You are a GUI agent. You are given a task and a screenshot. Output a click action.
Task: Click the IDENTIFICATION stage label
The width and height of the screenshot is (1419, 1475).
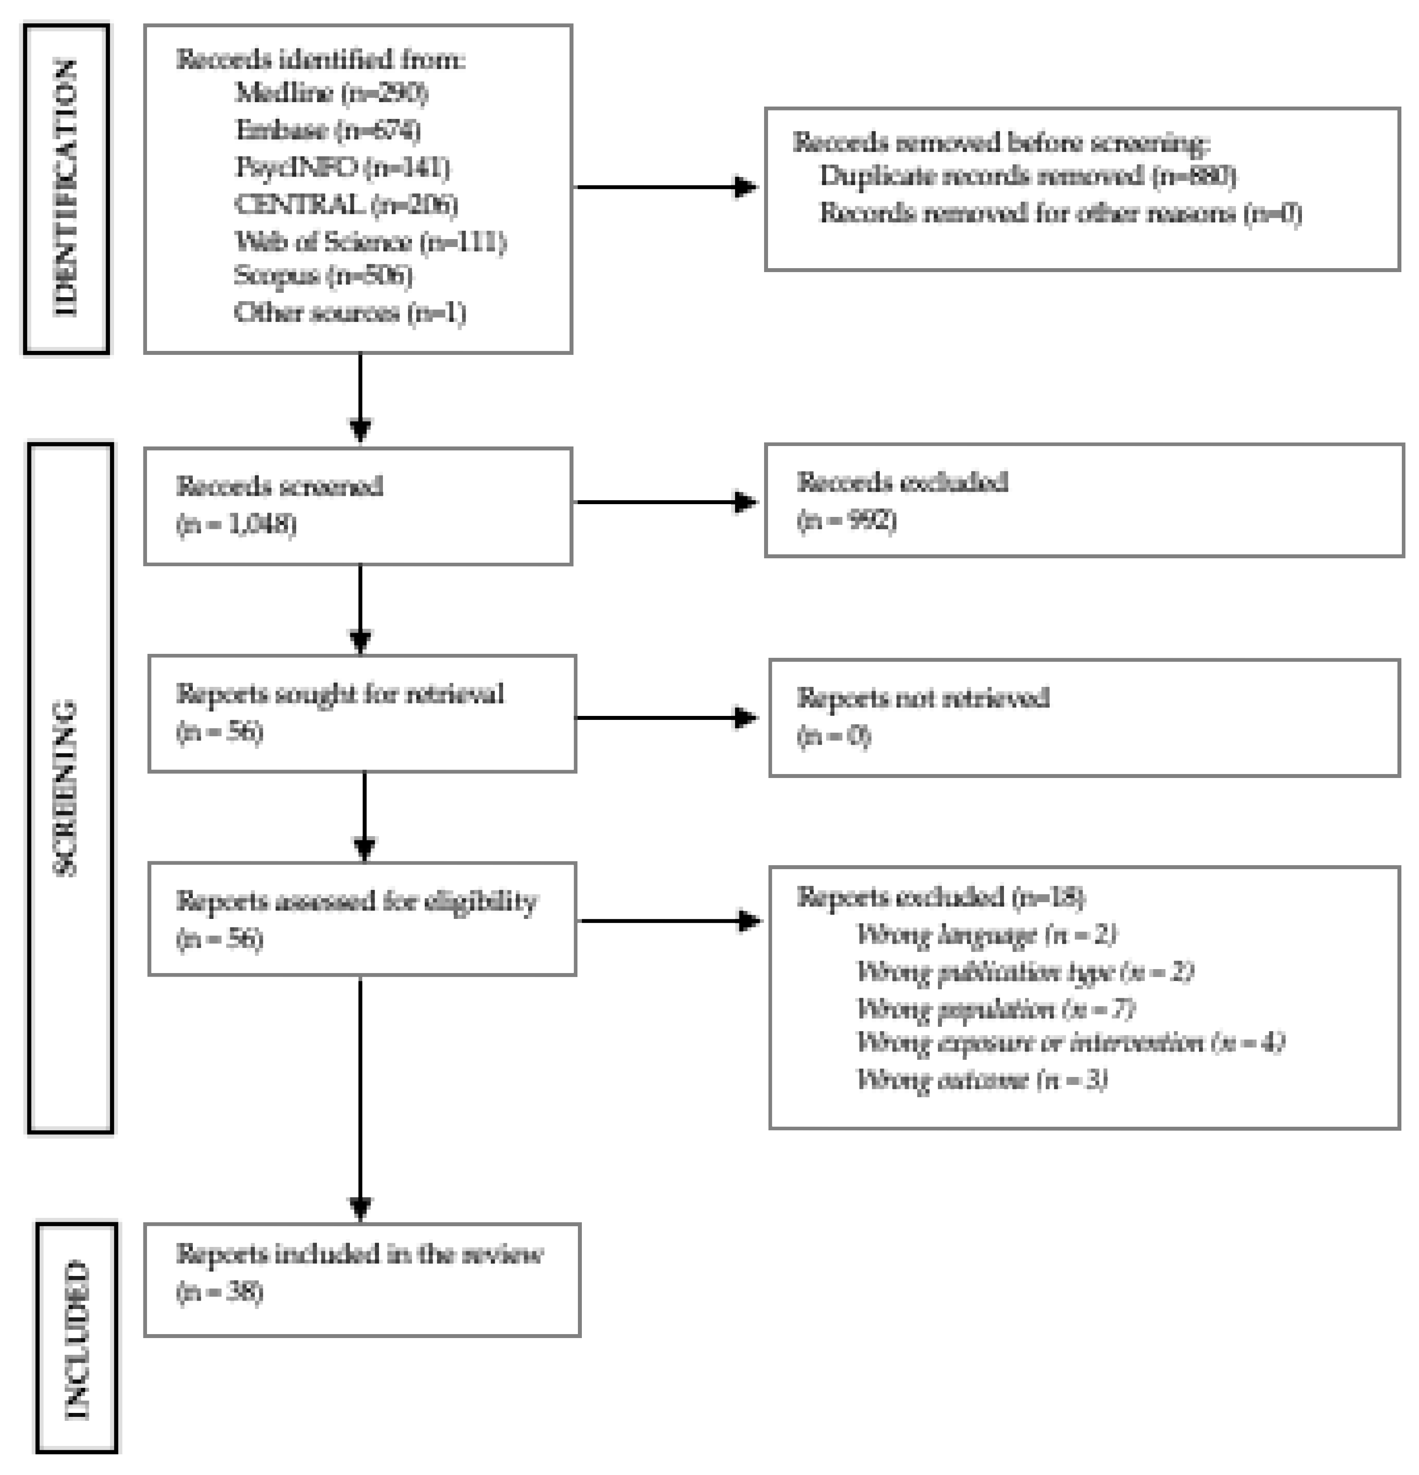click(66, 188)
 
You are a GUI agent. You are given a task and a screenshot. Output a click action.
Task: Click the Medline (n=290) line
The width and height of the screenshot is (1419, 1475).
click(331, 93)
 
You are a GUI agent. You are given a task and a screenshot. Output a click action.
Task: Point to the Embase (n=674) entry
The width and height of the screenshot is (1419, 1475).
click(327, 130)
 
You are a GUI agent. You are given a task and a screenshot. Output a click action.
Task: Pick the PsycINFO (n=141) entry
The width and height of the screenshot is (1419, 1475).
click(342, 167)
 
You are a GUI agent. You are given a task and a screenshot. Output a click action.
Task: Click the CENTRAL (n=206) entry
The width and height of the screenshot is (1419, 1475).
click(346, 204)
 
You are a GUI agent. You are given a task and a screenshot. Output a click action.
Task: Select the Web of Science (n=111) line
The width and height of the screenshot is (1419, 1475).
click(370, 242)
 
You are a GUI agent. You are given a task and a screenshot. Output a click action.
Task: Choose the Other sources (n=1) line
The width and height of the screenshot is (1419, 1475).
click(350, 312)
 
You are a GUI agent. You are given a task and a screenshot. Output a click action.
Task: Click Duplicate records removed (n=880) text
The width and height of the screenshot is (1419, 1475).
click(1027, 176)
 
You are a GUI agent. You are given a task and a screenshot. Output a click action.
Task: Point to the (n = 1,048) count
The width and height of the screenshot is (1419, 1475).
click(236, 524)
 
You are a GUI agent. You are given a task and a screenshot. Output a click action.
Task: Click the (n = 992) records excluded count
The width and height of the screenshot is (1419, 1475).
click(846, 520)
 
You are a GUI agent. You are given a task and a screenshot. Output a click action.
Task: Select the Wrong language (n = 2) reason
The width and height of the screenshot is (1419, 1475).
click(985, 935)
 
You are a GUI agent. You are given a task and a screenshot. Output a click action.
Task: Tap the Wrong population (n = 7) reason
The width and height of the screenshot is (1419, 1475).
click(995, 1008)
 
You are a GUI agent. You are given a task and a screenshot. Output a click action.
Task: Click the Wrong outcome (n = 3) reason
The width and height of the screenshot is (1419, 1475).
click(982, 1080)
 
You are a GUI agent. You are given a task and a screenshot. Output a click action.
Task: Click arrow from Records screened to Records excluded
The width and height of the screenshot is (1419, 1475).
click(666, 502)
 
